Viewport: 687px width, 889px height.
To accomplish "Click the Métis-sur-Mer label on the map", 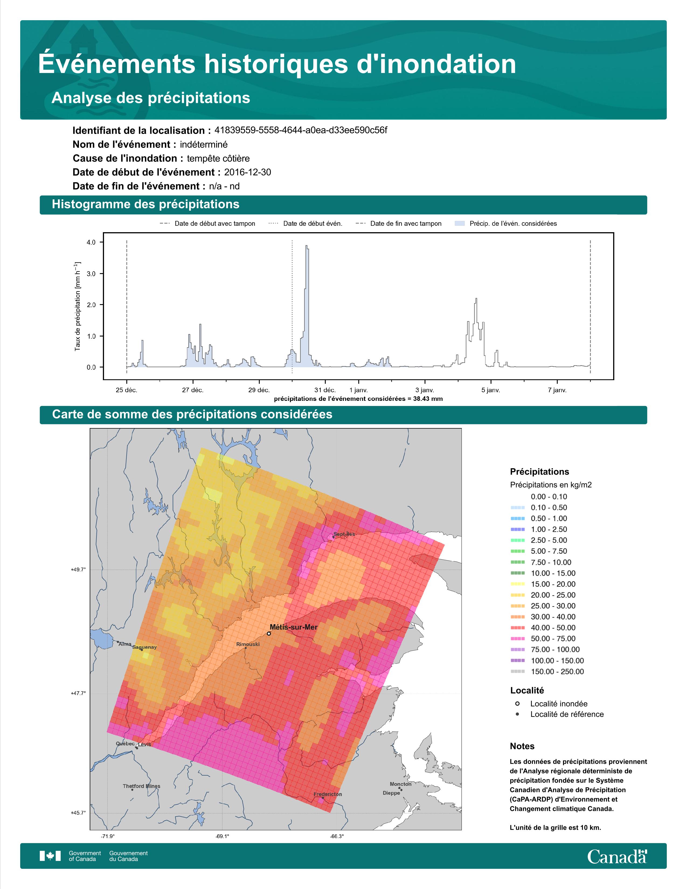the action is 293,627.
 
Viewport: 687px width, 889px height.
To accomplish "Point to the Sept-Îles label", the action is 344,534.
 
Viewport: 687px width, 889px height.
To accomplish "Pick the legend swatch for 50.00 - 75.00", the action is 517,639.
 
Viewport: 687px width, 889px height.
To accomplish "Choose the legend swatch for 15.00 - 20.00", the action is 517,584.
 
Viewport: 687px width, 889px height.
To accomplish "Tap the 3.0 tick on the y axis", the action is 91,274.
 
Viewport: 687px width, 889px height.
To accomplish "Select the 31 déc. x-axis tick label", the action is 325,390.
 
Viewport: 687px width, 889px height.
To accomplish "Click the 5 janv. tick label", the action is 490,390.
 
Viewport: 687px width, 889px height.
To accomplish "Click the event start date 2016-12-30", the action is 247,172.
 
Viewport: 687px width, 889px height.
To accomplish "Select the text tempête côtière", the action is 218,158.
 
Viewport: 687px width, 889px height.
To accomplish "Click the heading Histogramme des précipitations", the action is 146,204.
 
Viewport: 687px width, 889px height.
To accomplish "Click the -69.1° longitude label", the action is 222,836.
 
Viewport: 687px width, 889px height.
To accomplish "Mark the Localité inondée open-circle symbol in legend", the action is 517,704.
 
